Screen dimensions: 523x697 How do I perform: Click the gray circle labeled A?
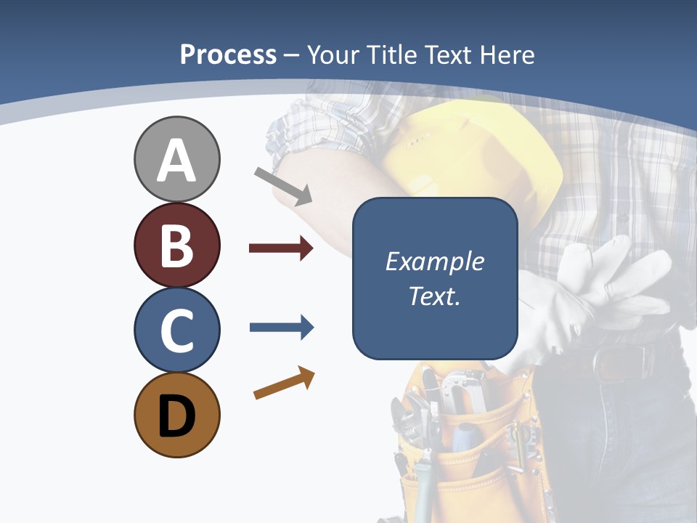[x=176, y=159]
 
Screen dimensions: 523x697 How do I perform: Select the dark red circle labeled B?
[x=176, y=245]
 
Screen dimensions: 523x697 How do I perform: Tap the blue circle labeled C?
[x=176, y=330]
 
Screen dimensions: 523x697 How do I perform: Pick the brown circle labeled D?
[x=176, y=415]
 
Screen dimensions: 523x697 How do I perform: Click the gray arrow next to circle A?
[x=283, y=185]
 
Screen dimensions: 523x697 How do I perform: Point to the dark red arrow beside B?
[x=281, y=248]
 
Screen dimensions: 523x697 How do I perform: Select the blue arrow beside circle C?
[x=281, y=328]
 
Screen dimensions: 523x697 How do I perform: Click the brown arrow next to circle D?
[x=284, y=383]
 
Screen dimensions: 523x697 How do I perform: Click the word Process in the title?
[x=228, y=54]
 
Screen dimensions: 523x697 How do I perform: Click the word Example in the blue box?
[x=434, y=261]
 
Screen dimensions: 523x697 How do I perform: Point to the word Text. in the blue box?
[x=434, y=296]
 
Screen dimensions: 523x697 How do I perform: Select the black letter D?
[x=176, y=416]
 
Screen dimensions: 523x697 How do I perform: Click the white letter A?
[x=176, y=161]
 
